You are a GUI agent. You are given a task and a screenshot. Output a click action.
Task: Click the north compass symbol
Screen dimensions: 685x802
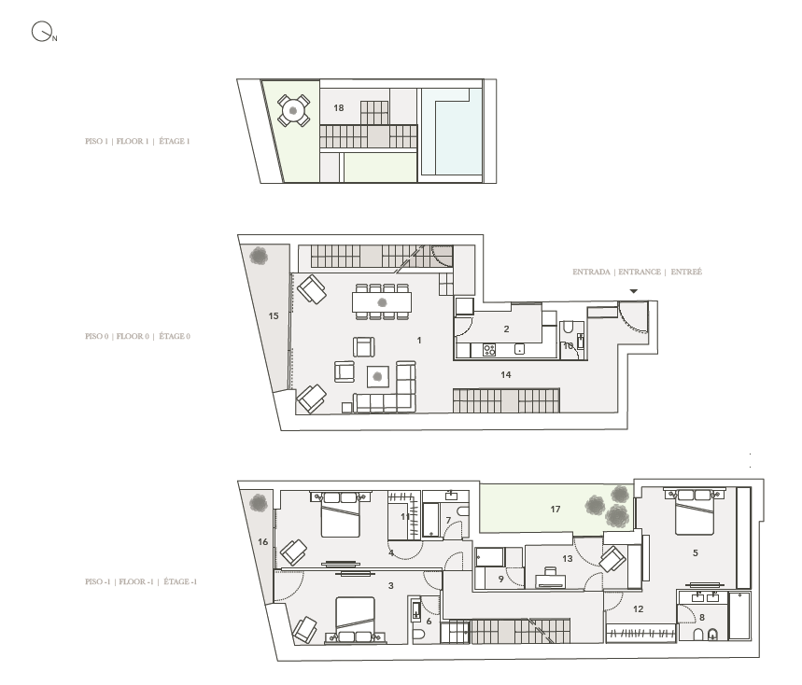tap(41, 34)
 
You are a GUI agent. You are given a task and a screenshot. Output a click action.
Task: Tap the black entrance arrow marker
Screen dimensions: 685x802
tap(634, 292)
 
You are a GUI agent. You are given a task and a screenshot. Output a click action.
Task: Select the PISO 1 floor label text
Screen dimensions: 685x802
tap(137, 142)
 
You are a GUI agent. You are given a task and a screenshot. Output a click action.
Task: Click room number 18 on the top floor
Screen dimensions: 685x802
tap(338, 108)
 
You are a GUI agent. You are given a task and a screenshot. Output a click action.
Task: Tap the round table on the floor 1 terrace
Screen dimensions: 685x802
tap(294, 111)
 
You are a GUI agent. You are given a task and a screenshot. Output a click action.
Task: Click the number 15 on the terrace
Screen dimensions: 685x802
tap(274, 316)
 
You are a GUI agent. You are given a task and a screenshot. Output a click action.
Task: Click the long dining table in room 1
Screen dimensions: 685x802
tap(382, 302)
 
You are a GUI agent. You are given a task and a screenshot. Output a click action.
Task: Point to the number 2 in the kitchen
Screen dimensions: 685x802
tap(505, 329)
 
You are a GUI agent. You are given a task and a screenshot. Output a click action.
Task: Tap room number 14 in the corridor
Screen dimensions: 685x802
tap(505, 374)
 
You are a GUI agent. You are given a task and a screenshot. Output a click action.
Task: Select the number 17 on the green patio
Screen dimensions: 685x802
tap(555, 509)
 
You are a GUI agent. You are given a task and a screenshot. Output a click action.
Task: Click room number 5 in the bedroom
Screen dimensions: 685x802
tap(695, 552)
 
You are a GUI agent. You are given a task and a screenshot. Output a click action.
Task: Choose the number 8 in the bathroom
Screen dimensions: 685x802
tap(702, 616)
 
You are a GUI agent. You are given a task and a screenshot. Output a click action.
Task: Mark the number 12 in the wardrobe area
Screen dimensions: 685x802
tap(639, 608)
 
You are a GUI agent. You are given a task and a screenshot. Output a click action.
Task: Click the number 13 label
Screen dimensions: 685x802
tap(567, 558)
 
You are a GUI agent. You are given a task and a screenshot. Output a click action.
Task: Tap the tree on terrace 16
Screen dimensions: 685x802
tap(258, 504)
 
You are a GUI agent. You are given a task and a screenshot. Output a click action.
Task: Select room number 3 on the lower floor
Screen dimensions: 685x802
tap(390, 585)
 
